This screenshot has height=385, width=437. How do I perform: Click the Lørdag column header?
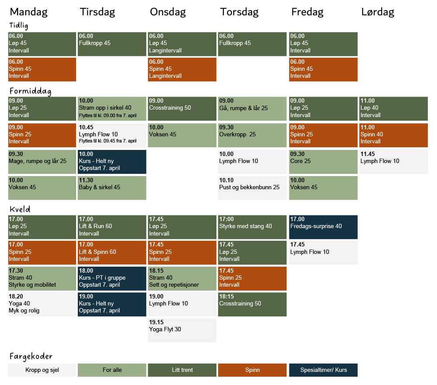(378, 12)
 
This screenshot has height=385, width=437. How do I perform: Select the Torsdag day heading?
(239, 12)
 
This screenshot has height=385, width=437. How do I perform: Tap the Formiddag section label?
(30, 91)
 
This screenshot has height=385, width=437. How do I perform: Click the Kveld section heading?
(20, 209)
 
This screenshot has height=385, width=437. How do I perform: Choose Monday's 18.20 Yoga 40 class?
(42, 304)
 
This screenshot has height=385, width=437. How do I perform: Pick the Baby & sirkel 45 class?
(112, 187)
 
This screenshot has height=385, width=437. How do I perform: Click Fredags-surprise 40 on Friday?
(323, 227)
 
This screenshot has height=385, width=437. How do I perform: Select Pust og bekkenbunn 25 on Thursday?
(252, 187)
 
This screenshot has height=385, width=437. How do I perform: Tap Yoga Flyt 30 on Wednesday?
(182, 330)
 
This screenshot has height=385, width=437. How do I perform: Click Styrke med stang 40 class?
(252, 227)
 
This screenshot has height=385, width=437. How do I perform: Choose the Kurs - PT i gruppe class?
(112, 278)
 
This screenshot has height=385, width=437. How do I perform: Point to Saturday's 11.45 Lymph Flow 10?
(393, 161)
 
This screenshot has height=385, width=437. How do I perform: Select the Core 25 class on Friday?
(323, 161)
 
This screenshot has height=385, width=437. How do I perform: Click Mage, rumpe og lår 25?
(42, 161)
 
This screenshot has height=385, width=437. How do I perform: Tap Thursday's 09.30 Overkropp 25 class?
(252, 135)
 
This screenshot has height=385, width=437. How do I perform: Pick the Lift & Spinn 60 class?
(112, 252)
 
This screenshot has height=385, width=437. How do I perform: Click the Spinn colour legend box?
(252, 370)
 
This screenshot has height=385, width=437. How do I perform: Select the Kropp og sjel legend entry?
(42, 370)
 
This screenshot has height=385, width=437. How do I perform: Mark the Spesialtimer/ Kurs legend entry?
(323, 370)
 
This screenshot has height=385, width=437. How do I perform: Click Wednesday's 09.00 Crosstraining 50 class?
(182, 108)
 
